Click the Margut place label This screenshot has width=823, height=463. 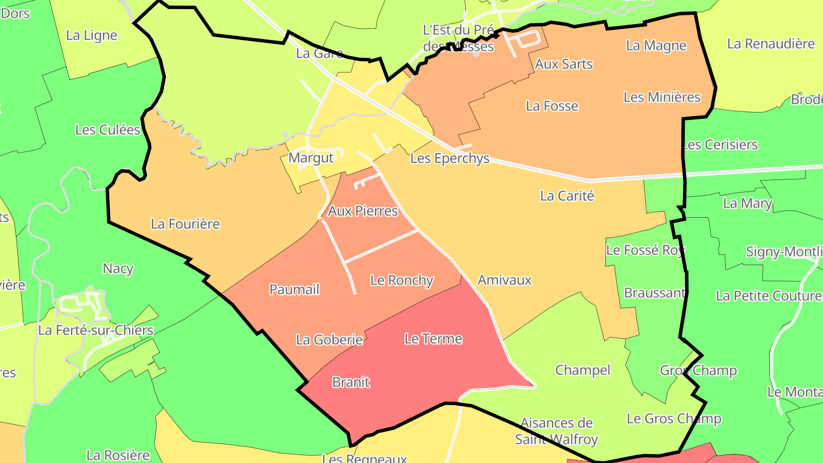pyautogui.click(x=311, y=158)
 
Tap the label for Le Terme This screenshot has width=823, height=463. pyautogui.click(x=433, y=339)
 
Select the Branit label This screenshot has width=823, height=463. pyautogui.click(x=351, y=382)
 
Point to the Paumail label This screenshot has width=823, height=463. pyautogui.click(x=294, y=289)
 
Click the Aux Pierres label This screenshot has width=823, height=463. pyautogui.click(x=362, y=211)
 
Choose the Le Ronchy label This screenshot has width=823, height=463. pyautogui.click(x=402, y=281)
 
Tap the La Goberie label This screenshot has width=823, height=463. pyautogui.click(x=329, y=340)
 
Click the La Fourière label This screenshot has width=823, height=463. pyautogui.click(x=185, y=224)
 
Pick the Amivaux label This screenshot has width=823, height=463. pyautogui.click(x=505, y=280)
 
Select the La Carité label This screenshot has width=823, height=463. pyautogui.click(x=568, y=195)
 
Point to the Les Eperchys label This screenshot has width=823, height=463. pyautogui.click(x=450, y=158)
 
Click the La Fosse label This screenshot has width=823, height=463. pyautogui.click(x=552, y=106)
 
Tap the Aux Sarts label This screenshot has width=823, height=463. pyautogui.click(x=564, y=64)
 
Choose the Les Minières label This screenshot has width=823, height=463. pyautogui.click(x=662, y=97)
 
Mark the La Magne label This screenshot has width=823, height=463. pyautogui.click(x=656, y=46)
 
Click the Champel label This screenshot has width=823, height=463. pyautogui.click(x=583, y=370)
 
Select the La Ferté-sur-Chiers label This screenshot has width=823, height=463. pyautogui.click(x=95, y=330)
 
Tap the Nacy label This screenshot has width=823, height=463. pyautogui.click(x=118, y=268)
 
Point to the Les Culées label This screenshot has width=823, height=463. pyautogui.click(x=107, y=130)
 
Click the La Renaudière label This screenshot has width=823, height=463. pyautogui.click(x=770, y=43)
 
